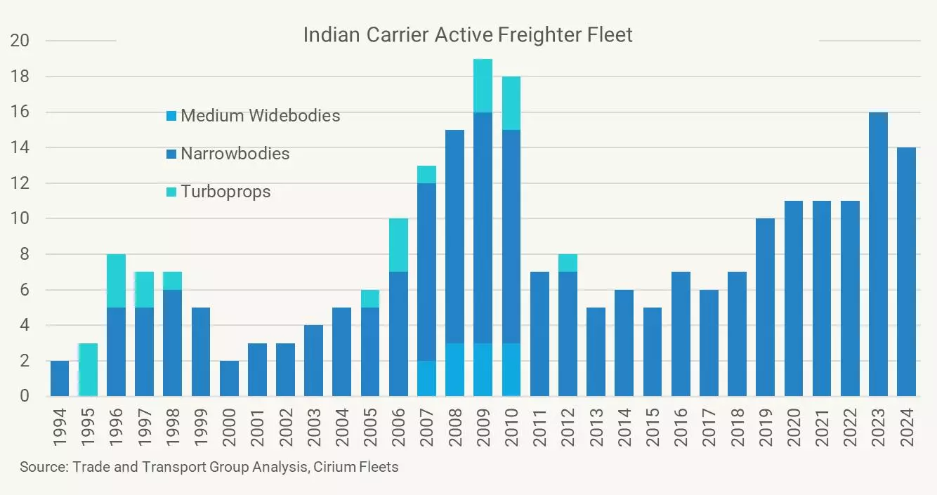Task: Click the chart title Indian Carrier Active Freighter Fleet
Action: click(468, 35)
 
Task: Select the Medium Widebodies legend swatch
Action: click(170, 116)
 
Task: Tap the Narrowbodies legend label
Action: click(235, 154)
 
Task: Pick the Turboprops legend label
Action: click(225, 192)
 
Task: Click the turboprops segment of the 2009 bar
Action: click(483, 86)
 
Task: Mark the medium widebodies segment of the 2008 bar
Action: click(454, 369)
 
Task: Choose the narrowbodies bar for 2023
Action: click(878, 254)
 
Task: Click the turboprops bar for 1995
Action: click(88, 369)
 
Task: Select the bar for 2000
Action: click(229, 378)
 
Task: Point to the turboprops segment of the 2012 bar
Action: click(568, 263)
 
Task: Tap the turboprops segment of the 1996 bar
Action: click(116, 281)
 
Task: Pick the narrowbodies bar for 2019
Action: click(765, 308)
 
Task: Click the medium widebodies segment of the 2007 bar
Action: click(426, 378)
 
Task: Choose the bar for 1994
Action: click(60, 378)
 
